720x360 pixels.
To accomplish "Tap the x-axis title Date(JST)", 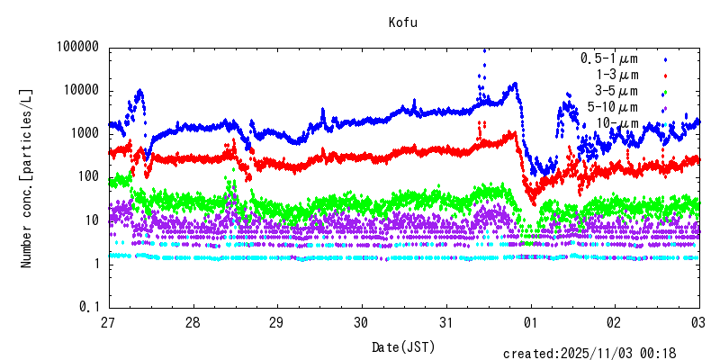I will (x=403, y=346).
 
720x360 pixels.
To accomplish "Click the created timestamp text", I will (x=601, y=354).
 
